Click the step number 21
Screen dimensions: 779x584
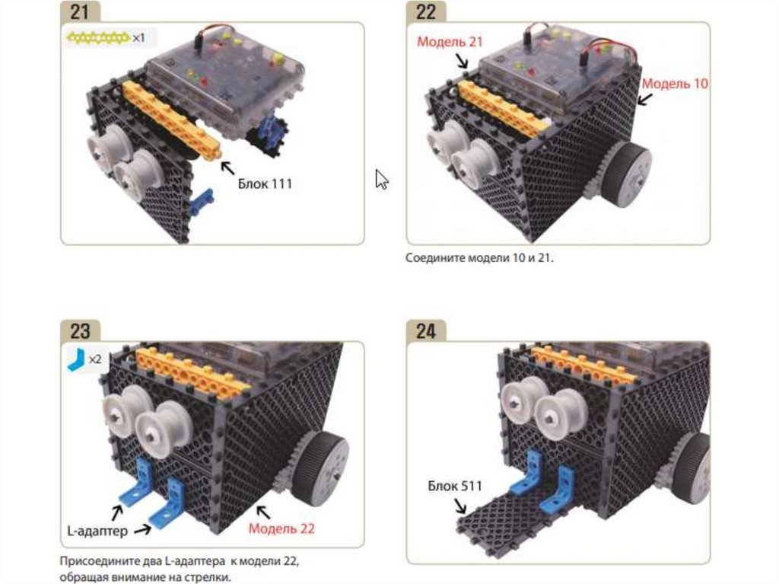pos(79,12)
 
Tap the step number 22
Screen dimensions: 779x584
pos(426,12)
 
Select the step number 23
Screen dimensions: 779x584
pos(79,330)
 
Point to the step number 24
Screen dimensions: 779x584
pos(426,330)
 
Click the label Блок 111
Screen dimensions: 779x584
pos(265,183)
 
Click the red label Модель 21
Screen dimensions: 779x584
pos(450,42)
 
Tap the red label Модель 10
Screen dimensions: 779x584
pos(675,84)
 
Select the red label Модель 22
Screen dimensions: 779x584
pos(281,528)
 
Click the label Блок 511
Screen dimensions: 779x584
pos(455,486)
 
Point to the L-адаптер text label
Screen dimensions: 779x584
pos(97,531)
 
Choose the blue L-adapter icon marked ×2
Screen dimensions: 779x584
pos(76,359)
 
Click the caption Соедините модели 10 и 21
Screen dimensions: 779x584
pos(479,257)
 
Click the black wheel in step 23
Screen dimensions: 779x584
pos(321,463)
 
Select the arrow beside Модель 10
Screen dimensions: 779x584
pos(645,98)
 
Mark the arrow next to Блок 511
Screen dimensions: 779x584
pos(460,506)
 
